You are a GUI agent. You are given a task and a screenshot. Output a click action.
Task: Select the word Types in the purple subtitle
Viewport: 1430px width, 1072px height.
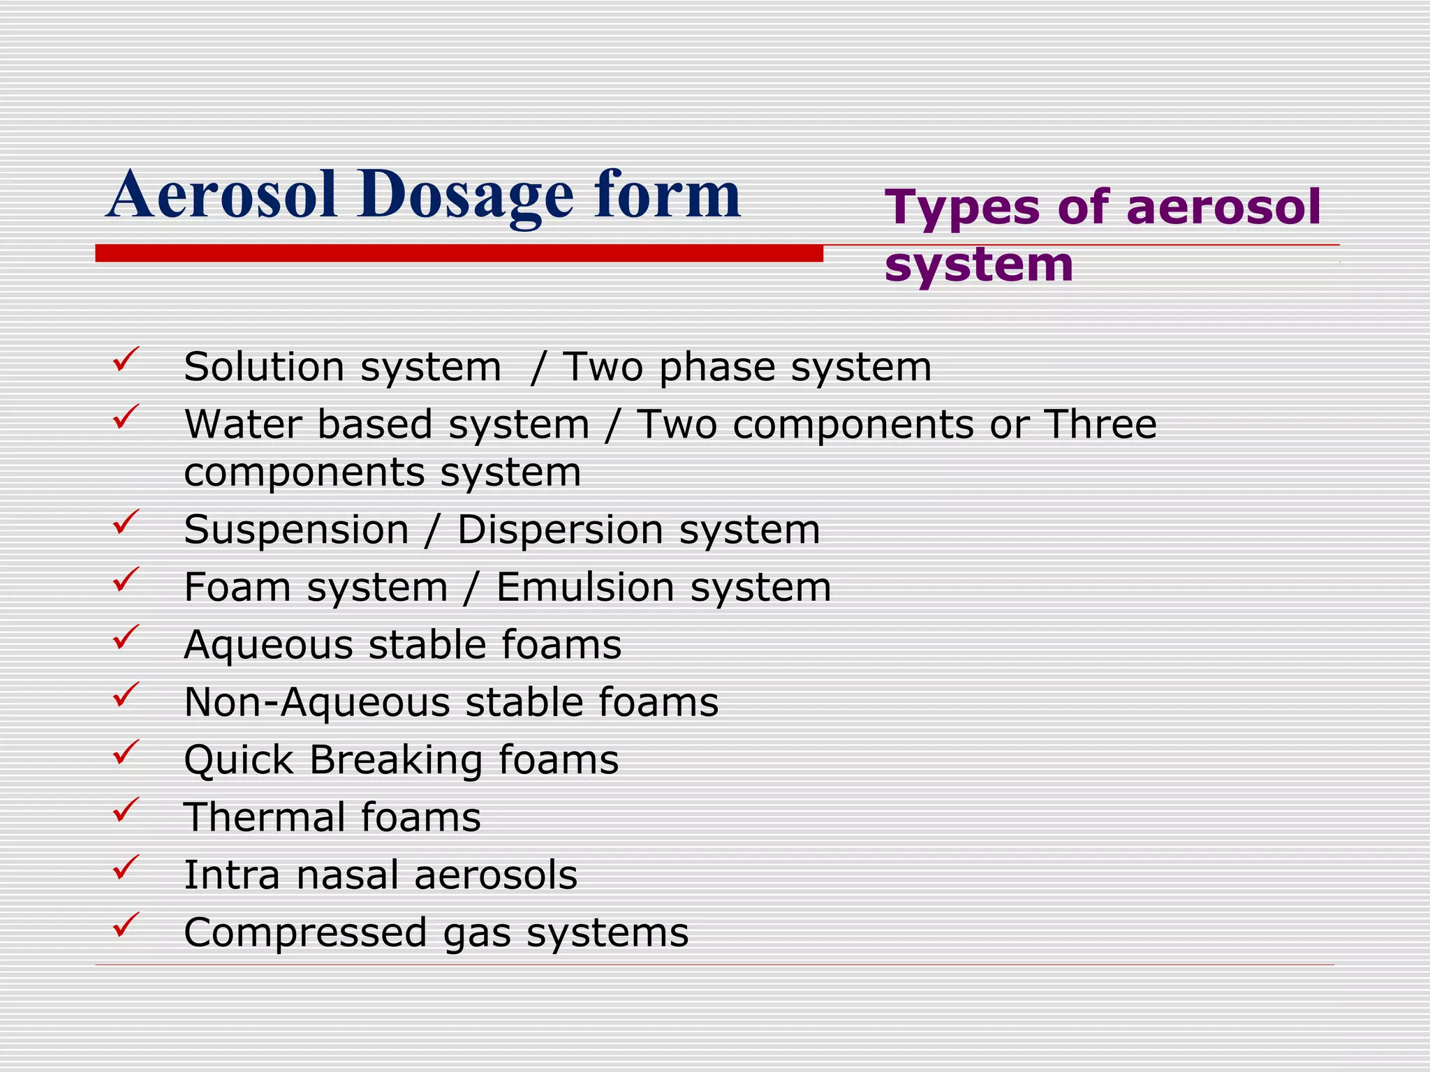point(962,207)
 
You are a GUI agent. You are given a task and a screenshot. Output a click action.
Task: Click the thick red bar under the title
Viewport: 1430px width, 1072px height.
point(459,253)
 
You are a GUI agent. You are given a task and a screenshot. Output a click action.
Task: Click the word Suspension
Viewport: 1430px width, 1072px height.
point(296,530)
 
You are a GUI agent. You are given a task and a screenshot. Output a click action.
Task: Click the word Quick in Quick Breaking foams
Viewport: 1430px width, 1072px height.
point(238,759)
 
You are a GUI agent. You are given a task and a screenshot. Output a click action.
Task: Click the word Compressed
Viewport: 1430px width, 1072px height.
point(306,932)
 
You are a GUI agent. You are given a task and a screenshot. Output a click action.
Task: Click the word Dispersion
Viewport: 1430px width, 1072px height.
point(560,530)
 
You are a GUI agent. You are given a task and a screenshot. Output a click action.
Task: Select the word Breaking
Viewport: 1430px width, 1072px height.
point(396,759)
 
